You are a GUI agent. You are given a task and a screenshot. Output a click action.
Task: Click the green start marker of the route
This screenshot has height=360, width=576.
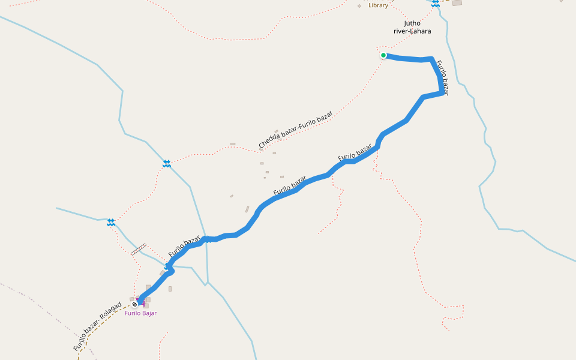pos(383,55)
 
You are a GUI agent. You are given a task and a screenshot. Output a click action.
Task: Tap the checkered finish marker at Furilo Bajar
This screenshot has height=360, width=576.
pos(135,304)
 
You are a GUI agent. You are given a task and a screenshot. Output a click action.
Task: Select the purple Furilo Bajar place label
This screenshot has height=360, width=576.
pos(140,313)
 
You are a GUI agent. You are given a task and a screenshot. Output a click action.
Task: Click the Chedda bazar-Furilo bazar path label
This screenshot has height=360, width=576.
pos(295,130)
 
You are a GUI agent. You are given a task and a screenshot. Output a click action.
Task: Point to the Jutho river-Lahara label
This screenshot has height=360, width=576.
pos(408,27)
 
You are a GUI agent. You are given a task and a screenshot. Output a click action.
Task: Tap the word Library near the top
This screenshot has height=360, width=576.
pos(378,5)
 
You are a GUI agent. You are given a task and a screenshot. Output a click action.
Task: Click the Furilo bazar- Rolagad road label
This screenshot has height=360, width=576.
pos(98,326)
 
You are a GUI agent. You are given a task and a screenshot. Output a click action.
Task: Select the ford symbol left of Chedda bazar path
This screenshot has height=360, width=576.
pos(166,163)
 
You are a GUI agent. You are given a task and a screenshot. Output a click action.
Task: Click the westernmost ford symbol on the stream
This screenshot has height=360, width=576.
pos(111,223)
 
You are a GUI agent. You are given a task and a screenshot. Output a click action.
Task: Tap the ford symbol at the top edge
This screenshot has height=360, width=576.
pos(436,3)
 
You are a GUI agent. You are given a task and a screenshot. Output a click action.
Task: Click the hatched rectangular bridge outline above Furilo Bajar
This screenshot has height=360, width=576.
pos(139,249)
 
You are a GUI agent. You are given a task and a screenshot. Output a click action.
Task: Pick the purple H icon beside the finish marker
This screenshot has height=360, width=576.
pos(142,301)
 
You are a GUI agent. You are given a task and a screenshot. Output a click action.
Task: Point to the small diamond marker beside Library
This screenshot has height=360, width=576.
pos(359,6)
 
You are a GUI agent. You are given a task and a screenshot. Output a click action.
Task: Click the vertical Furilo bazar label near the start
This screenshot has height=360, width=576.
pos(442,76)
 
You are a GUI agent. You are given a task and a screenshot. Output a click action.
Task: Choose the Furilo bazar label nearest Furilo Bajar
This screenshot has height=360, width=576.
pos(184,247)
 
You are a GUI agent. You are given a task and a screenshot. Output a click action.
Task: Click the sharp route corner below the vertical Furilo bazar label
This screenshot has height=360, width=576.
pos(442,93)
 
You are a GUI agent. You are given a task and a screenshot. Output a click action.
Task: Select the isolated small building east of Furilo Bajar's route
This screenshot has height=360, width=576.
pos(170,289)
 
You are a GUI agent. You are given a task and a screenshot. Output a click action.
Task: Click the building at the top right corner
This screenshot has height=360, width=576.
pos(457,3)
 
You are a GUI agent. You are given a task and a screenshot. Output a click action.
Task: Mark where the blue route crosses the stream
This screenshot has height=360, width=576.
pos(206,239)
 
